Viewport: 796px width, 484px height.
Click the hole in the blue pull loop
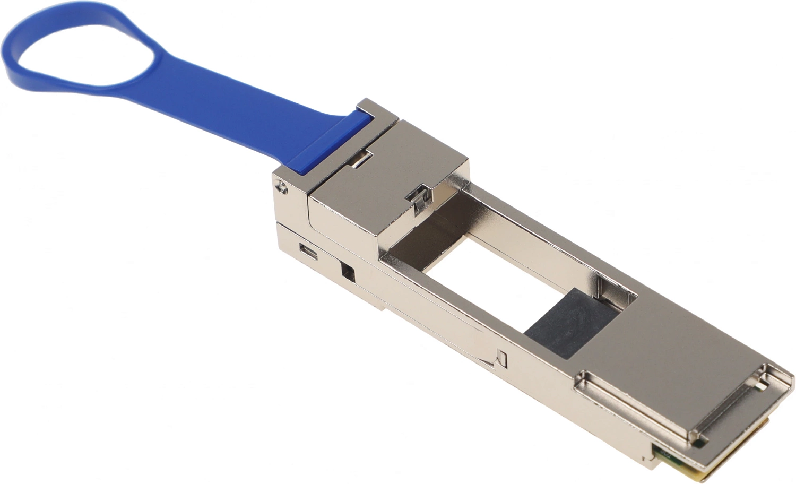(80, 50)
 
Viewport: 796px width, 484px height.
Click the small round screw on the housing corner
(281, 186)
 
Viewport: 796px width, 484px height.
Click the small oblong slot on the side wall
(308, 252)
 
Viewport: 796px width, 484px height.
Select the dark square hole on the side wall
(348, 272)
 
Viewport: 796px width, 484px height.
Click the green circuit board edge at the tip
(685, 462)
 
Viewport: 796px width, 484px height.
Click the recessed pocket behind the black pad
(616, 289)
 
